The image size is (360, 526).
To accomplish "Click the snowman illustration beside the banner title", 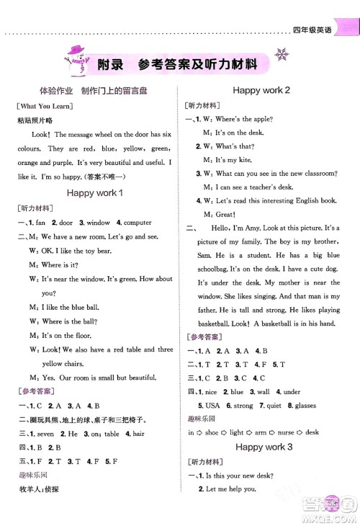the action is coord(75,58).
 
